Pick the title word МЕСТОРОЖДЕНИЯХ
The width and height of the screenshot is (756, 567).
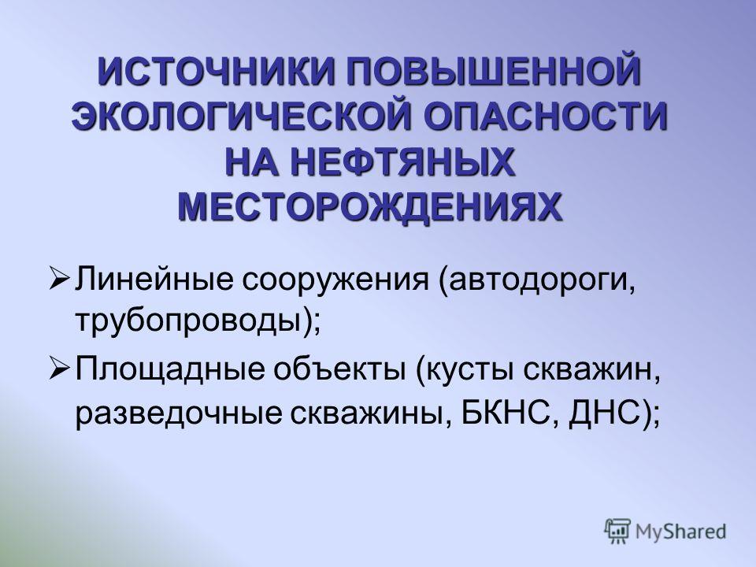pos(370,206)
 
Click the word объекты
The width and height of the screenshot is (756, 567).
pos(340,369)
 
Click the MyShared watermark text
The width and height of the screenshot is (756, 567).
pos(680,532)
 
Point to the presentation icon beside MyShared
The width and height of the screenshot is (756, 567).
pos(618,532)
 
